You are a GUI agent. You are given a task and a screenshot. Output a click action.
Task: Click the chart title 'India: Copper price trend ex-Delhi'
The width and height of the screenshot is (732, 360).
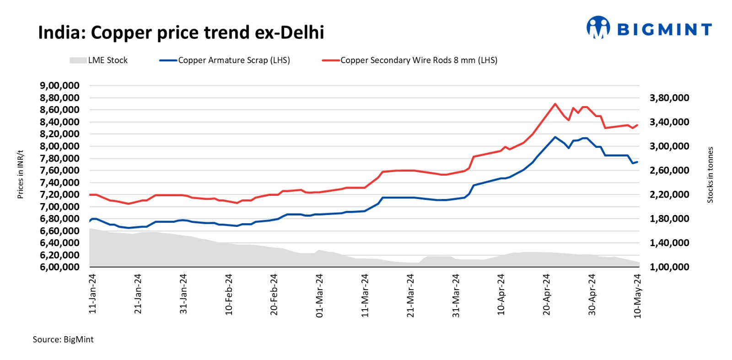click(181, 33)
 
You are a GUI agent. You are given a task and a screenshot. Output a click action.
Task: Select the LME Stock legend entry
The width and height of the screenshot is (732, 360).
click(99, 60)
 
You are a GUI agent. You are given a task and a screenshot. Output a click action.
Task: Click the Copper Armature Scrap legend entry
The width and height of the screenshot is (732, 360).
click(225, 60)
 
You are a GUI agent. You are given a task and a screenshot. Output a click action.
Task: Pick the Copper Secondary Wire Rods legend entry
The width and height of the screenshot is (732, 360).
click(409, 60)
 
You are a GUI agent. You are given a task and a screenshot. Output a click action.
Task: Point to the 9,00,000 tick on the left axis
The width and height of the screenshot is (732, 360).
click(59, 86)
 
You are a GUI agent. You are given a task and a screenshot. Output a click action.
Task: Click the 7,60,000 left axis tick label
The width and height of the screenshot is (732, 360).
click(59, 170)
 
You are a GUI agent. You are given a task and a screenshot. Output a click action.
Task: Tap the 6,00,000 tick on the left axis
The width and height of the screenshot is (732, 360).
click(59, 267)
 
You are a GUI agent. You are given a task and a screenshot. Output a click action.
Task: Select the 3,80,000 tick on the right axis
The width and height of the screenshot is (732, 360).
click(669, 98)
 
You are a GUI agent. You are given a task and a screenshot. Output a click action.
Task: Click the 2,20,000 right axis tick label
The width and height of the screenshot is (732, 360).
click(669, 194)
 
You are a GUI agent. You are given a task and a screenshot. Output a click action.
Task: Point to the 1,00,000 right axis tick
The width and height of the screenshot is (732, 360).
click(669, 267)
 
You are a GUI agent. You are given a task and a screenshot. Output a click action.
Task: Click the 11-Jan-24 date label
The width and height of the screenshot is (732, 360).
click(93, 294)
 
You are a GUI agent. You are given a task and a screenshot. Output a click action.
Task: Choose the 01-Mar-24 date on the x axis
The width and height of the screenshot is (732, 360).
click(319, 296)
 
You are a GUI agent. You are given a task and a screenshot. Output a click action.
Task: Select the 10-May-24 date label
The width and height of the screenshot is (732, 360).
click(637, 296)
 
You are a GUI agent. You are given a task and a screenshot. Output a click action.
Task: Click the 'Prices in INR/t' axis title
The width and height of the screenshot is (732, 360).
click(20, 174)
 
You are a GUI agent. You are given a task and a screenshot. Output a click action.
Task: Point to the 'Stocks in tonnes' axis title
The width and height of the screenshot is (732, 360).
click(710, 175)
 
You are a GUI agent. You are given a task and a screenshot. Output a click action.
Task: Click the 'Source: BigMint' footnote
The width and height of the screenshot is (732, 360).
click(63, 339)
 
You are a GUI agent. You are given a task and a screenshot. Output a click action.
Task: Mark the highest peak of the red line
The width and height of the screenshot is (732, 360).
click(555, 104)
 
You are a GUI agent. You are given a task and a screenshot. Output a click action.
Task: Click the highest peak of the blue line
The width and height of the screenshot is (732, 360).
click(555, 137)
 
